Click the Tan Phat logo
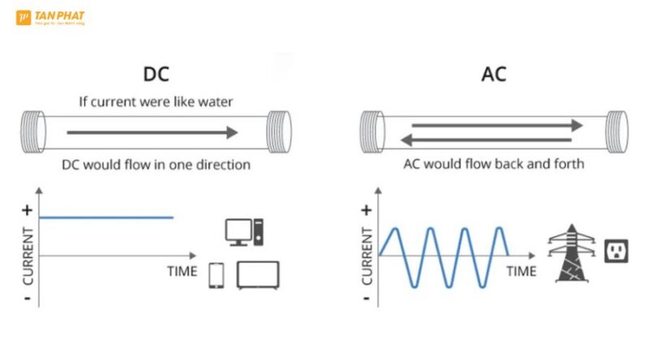pos(49,17)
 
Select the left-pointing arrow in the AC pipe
pos(492,139)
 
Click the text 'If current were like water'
pos(156,102)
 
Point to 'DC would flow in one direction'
pos(156,165)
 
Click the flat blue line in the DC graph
pos(105,217)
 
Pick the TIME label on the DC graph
pos(182,271)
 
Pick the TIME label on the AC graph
pos(521,271)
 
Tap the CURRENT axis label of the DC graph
pos(28,255)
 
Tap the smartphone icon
pos(217,276)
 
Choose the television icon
pos(257,275)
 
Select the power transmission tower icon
pos(571,253)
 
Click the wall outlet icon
pos(617,251)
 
